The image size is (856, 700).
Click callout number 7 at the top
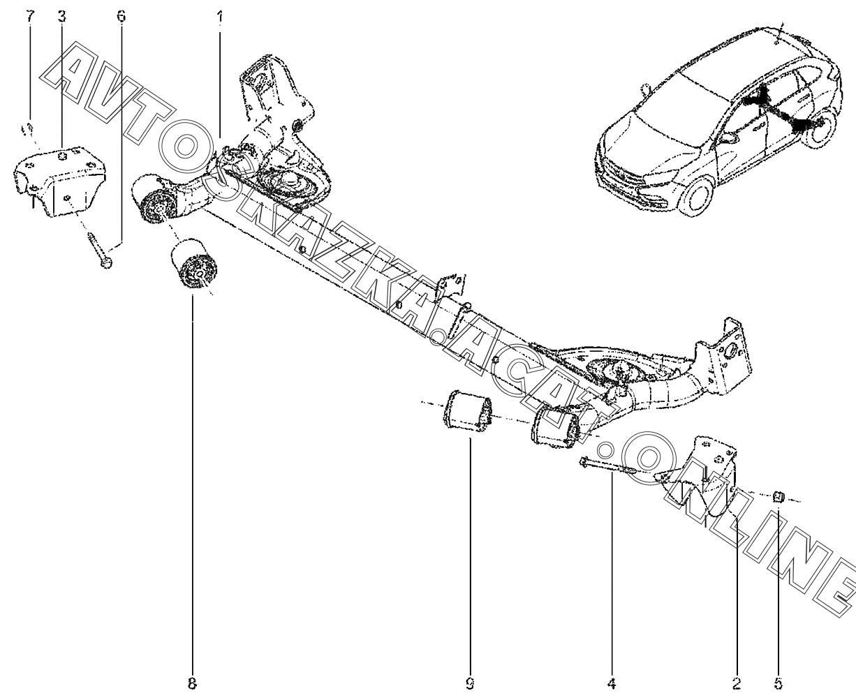click(29, 16)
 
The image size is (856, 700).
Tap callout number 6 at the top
click(121, 16)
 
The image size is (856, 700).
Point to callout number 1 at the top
click(220, 16)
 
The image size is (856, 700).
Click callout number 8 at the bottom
click(192, 685)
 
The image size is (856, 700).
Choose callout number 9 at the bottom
click(470, 685)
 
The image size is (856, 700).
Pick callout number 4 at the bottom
click(612, 685)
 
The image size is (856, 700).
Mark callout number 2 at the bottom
click(737, 685)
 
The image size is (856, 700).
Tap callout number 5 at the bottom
click(779, 685)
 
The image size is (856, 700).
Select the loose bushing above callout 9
click(464, 412)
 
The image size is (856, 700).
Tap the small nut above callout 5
click(779, 496)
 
